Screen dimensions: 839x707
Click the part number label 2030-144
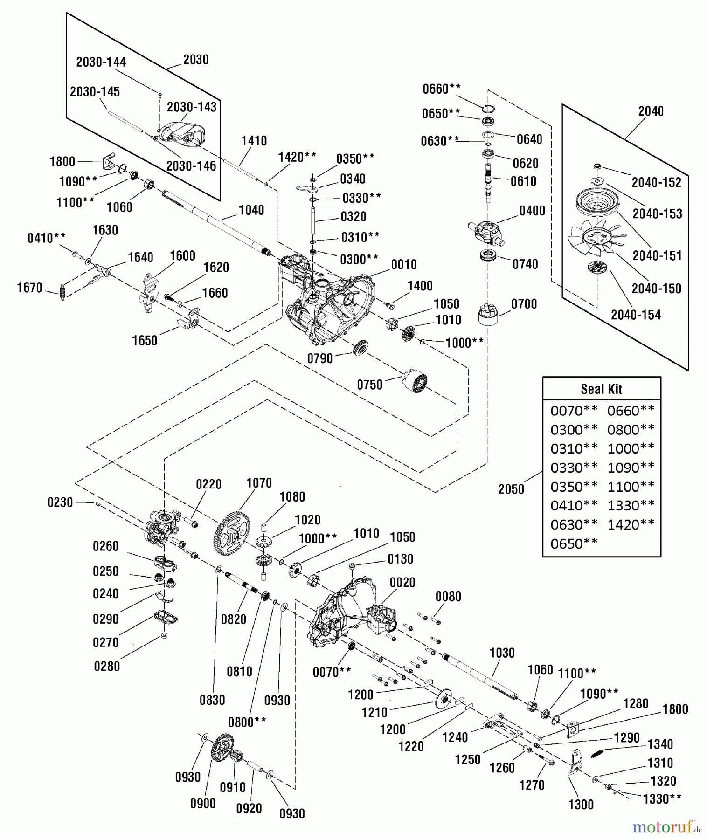(x=101, y=62)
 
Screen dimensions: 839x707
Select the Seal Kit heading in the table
(x=601, y=389)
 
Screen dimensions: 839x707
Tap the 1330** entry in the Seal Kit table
(x=631, y=505)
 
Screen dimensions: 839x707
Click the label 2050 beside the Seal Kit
(x=511, y=489)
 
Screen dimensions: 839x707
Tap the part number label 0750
(x=369, y=385)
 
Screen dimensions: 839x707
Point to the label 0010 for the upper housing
(x=403, y=265)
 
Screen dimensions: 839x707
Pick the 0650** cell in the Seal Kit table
(x=574, y=543)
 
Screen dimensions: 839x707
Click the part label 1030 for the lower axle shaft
(x=502, y=653)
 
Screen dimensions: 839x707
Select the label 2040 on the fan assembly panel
(x=651, y=111)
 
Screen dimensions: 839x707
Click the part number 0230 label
(x=60, y=502)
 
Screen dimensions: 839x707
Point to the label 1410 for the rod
(x=254, y=141)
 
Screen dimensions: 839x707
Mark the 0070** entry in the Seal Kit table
(x=574, y=411)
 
